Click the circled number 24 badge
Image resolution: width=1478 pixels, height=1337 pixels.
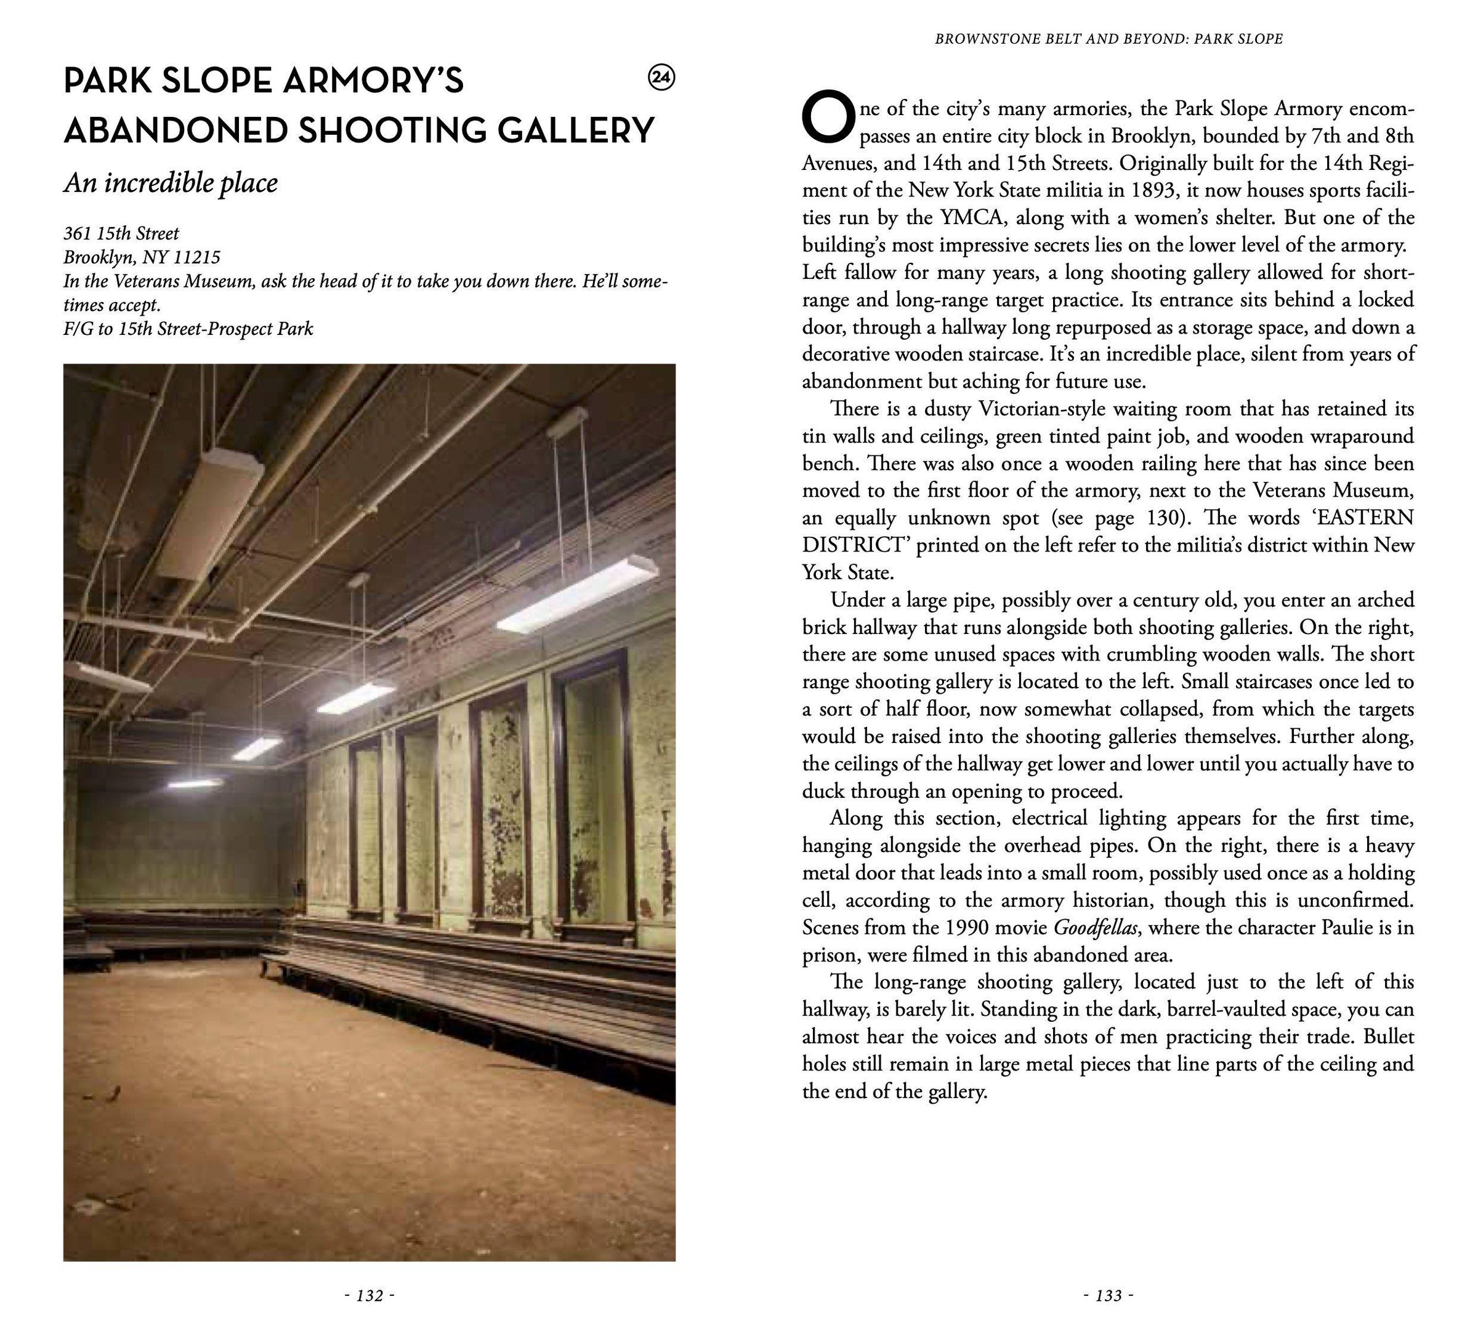pyautogui.click(x=662, y=78)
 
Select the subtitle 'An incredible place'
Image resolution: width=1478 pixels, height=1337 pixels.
pyautogui.click(x=171, y=183)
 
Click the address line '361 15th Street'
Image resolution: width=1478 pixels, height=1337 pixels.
pyautogui.click(x=121, y=233)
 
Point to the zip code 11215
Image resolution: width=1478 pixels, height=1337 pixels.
pyautogui.click(x=196, y=257)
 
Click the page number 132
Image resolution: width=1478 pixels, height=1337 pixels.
pyautogui.click(x=369, y=1296)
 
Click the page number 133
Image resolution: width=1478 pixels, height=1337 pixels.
pyautogui.click(x=1108, y=1296)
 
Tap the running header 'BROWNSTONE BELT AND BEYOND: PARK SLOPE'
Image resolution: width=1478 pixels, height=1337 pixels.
pyautogui.click(x=1108, y=39)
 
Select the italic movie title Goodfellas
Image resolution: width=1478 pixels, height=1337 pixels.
pyautogui.click(x=1096, y=928)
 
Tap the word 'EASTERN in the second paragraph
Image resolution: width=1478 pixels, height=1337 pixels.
pyautogui.click(x=1354, y=518)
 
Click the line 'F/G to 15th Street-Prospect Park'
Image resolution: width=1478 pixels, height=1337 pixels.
pyautogui.click(x=188, y=328)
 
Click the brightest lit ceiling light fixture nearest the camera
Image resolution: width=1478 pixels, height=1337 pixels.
pyautogui.click(x=577, y=594)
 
